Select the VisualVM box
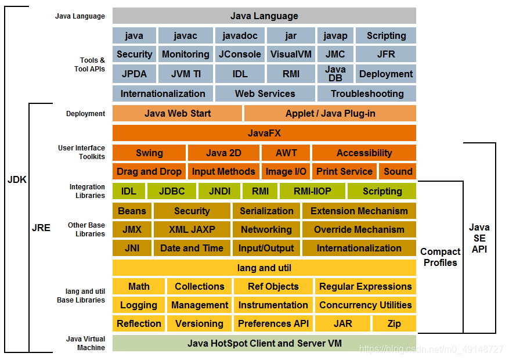tap(291, 54)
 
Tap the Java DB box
tap(335, 74)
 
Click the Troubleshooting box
tap(367, 93)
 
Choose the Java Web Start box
tap(177, 113)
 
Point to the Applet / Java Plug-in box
tap(330, 113)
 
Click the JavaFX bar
tap(264, 133)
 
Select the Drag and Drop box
tap(149, 171)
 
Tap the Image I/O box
tap(286, 171)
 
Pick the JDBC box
tap(172, 191)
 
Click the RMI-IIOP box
tap(312, 191)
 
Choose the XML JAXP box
tap(192, 229)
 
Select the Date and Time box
tap(192, 248)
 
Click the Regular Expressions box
tap(365, 286)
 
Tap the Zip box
tap(394, 323)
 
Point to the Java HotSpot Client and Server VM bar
tap(264, 343)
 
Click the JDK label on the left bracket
tap(17, 179)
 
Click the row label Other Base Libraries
tap(86, 229)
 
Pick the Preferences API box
tap(273, 323)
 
